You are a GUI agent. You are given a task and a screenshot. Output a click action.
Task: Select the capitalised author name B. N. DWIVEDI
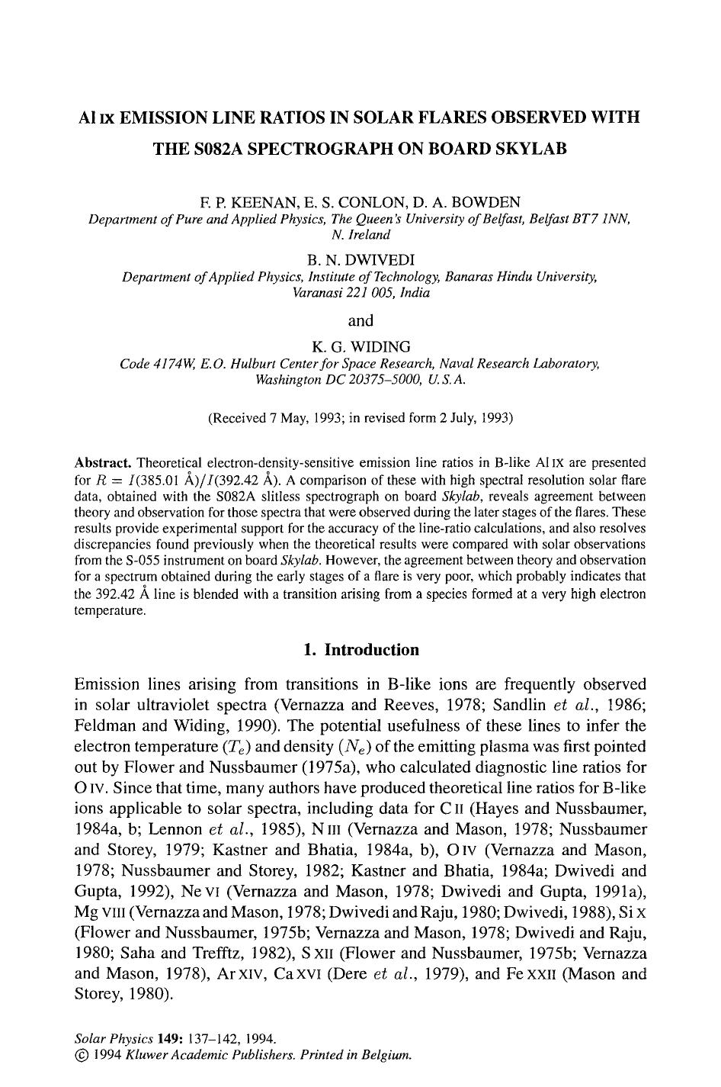[360, 260]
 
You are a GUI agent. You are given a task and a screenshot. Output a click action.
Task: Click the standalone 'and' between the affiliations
[360, 320]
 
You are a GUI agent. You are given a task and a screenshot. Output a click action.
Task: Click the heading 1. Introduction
[360, 650]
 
